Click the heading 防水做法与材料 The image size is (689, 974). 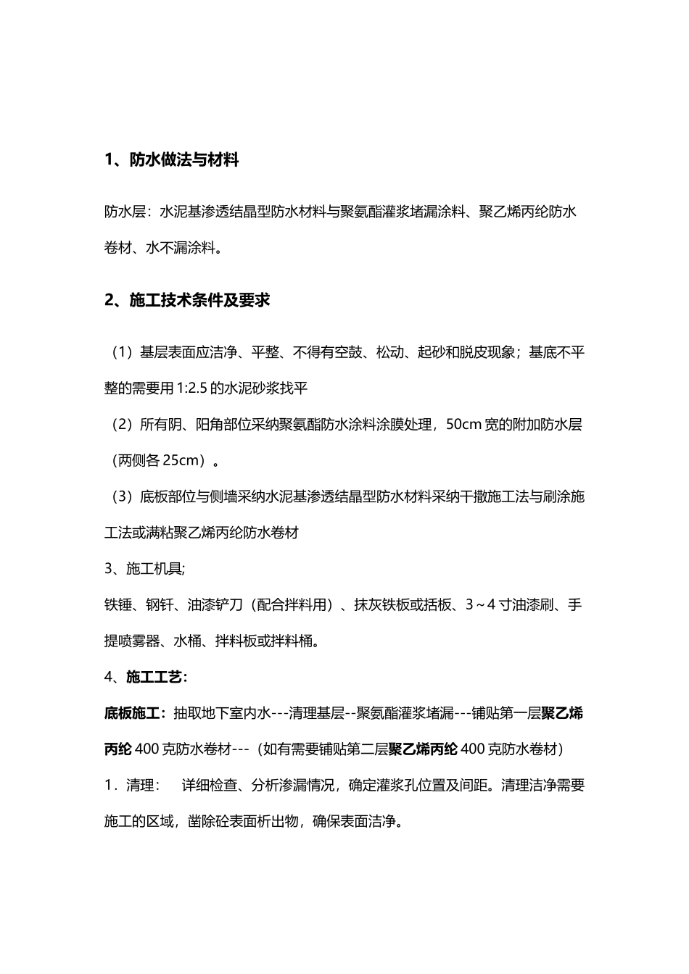183,160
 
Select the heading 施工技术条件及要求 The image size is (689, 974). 199,299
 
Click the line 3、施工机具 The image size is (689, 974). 144,569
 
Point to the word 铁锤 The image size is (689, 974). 118,604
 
